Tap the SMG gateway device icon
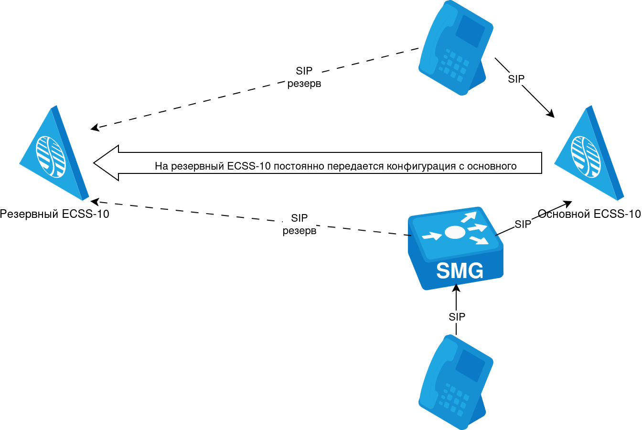[x=455, y=248]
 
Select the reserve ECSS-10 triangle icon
[x=54, y=153]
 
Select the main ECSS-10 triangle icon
[x=589, y=153]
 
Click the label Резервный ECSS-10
[x=54, y=214]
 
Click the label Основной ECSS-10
[x=589, y=214]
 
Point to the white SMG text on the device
[x=460, y=271]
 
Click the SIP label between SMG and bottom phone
[x=457, y=317]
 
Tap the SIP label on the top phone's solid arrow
[x=516, y=79]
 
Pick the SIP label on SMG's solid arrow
[x=523, y=224]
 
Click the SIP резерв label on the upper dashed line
[x=304, y=77]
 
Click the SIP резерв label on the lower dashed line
[x=300, y=225]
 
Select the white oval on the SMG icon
[x=455, y=232]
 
